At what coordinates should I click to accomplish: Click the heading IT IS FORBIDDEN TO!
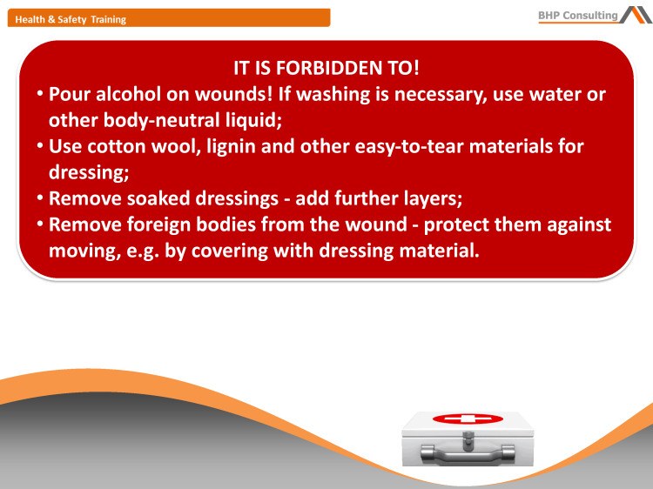pos(326,67)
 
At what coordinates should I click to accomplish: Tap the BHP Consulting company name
pos(577,15)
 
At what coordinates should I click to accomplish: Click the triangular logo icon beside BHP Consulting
pos(635,13)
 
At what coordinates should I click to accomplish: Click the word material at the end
pos(441,251)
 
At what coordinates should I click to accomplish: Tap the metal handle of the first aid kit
pos(462,452)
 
